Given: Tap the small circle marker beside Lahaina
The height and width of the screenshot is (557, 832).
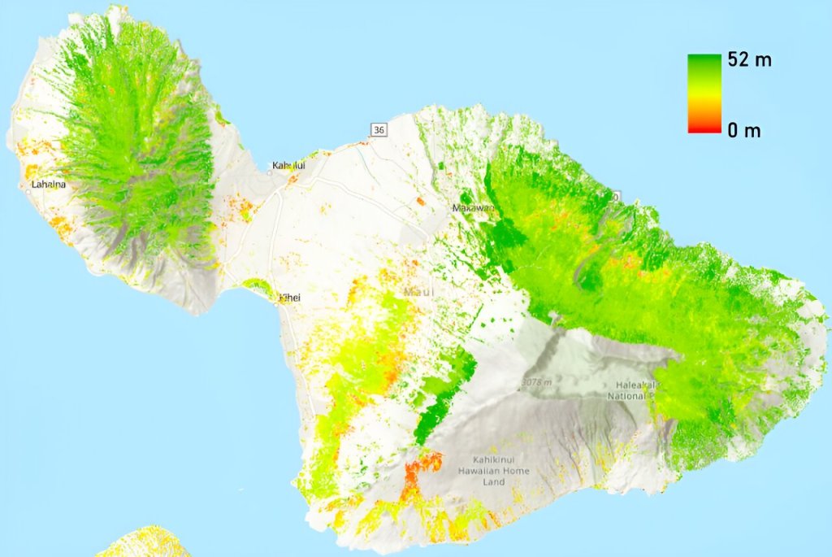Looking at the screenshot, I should point(27,184).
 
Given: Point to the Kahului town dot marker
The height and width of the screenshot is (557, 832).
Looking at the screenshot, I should point(270,172).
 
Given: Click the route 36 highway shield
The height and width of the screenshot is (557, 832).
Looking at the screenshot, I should point(378,130).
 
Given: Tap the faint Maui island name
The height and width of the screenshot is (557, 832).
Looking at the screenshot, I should point(421,291).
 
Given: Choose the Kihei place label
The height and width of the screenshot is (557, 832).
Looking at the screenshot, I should point(290,298).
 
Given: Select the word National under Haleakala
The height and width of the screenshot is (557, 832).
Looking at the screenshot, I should point(626,396).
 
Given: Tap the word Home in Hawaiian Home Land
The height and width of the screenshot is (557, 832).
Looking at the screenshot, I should point(517,471).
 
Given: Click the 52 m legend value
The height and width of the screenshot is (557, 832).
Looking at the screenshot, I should point(750,61).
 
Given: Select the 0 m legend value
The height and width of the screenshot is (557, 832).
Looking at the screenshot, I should point(744,130).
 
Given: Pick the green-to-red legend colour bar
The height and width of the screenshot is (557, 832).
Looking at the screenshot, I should point(704,93).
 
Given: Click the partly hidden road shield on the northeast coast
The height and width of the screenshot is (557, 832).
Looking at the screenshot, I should point(617,196).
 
